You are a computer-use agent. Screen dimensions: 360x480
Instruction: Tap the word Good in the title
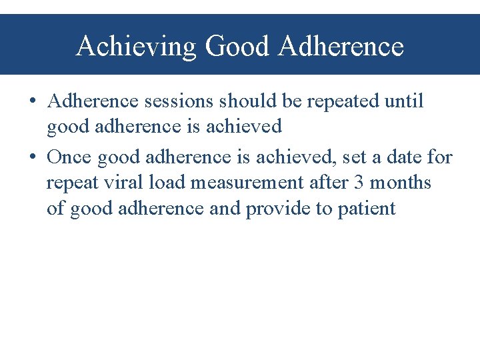(x=238, y=47)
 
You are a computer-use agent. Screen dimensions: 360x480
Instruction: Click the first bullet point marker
(x=33, y=102)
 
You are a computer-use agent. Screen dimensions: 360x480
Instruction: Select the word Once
(x=69, y=157)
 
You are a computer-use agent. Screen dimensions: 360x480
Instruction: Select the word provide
(x=279, y=209)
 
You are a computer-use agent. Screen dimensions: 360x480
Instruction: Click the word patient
(x=367, y=209)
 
